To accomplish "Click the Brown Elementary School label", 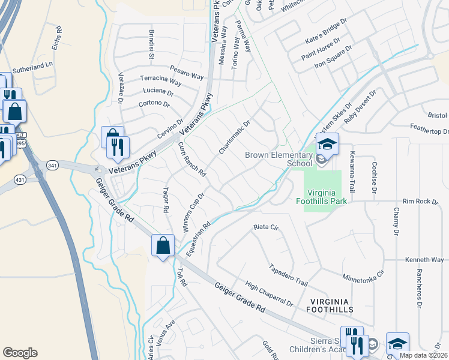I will (279, 159).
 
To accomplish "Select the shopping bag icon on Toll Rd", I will (163, 245).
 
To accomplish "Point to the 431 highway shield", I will (21, 178).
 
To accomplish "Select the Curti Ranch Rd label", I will (192, 160).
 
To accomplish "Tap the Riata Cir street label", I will (267, 227).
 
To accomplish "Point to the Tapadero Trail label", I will (288, 275).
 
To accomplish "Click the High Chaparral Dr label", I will (269, 293).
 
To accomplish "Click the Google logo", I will (20, 353).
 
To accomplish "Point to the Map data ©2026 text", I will (423, 355).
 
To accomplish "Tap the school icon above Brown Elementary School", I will (327, 145).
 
